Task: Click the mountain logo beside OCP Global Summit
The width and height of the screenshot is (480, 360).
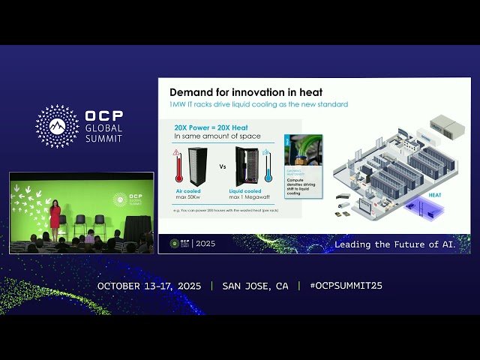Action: pos(57,126)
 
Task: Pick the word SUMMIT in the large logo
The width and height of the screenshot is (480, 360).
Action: pos(103,138)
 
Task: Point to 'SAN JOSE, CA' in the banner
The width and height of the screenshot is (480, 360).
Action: pos(255,286)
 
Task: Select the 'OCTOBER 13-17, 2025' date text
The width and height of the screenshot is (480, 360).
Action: pos(150,286)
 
